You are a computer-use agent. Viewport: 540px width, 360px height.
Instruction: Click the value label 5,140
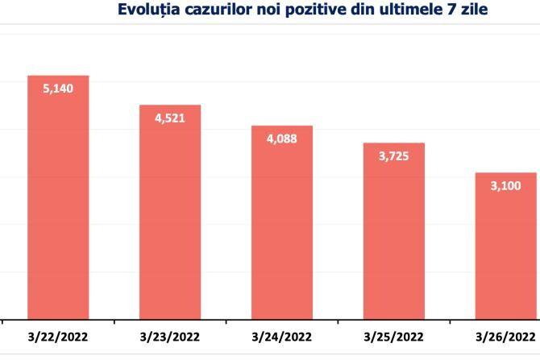click(x=58, y=89)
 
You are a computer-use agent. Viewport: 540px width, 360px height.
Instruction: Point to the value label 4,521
click(x=170, y=118)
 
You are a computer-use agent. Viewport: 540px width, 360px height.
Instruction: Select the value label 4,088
click(x=281, y=139)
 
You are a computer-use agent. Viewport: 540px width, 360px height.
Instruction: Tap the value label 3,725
click(x=393, y=156)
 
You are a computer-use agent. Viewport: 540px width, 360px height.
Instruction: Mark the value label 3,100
click(x=505, y=186)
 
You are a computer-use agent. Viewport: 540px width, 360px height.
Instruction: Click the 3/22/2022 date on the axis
click(x=58, y=335)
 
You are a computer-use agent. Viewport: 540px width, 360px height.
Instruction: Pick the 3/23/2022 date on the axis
click(x=170, y=335)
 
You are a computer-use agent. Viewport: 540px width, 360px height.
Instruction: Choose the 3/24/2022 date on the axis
click(x=281, y=335)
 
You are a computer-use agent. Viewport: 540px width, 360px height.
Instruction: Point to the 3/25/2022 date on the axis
click(x=393, y=335)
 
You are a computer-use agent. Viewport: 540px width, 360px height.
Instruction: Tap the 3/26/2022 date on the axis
click(x=505, y=335)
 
